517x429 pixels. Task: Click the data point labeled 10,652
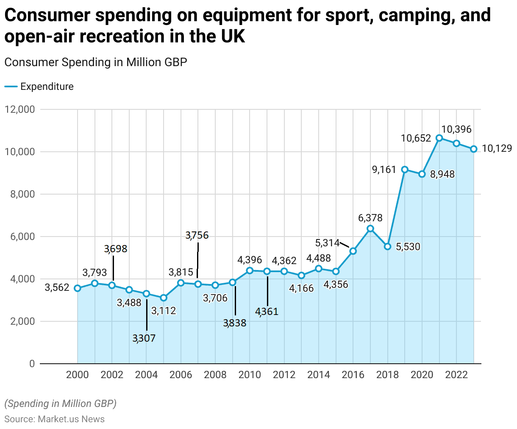tap(439, 138)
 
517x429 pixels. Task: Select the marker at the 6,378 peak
tap(370, 228)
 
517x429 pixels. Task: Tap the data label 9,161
tap(384, 170)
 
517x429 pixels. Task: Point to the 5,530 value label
tap(408, 247)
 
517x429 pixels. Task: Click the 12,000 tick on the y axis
tap(19, 109)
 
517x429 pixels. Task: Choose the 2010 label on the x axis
tap(250, 375)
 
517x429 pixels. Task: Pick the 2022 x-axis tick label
tap(456, 375)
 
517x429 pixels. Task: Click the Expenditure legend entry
tap(47, 86)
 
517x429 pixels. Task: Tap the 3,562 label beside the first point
tap(57, 288)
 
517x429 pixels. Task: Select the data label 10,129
tap(497, 148)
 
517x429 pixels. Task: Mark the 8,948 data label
tap(442, 174)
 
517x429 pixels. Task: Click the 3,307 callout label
tap(144, 338)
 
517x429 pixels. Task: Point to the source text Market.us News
tap(71, 419)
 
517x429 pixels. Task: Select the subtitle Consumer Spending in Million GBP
tap(96, 62)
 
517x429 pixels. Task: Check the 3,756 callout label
tap(197, 235)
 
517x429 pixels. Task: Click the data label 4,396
tap(250, 260)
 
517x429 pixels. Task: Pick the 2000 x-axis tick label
tap(78, 375)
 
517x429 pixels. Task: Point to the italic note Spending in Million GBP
tap(60, 404)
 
